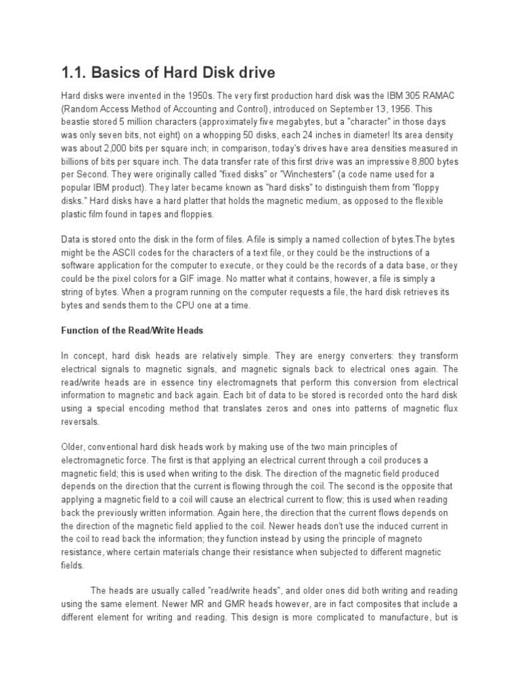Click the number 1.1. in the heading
click(x=74, y=73)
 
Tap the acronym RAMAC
click(x=440, y=97)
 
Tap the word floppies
click(x=194, y=213)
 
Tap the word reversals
click(x=80, y=421)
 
